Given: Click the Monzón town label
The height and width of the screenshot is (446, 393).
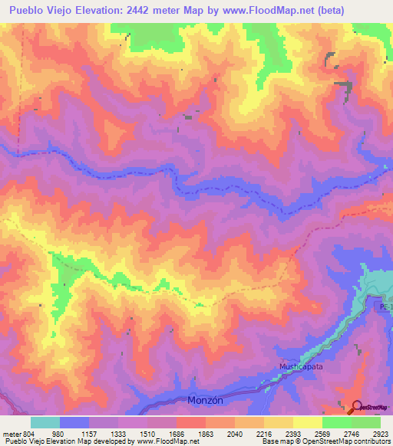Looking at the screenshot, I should coord(205,401).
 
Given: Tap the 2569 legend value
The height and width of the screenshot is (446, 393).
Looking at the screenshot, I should coord(307,433).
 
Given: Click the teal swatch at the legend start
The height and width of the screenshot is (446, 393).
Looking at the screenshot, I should coord(45,422).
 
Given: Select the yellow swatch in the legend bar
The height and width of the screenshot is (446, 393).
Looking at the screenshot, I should coord(307,422).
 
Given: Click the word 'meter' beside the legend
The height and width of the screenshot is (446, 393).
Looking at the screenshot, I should coord(9,433).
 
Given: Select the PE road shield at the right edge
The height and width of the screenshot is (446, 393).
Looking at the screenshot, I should coord(384,306).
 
